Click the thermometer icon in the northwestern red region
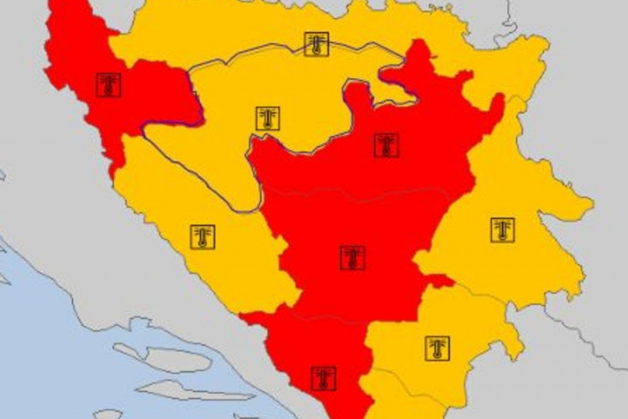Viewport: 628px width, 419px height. pyautogui.click(x=109, y=85)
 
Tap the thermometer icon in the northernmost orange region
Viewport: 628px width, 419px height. pyautogui.click(x=316, y=44)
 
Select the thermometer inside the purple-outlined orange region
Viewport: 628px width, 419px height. pyautogui.click(x=267, y=118)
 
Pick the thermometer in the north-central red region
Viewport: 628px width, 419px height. pyautogui.click(x=386, y=145)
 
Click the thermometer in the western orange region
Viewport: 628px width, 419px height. pyautogui.click(x=202, y=237)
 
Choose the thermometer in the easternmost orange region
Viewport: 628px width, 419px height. pyautogui.click(x=502, y=229)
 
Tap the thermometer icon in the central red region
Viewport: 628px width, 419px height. pyautogui.click(x=353, y=258)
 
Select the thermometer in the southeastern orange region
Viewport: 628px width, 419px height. pyautogui.click(x=437, y=348)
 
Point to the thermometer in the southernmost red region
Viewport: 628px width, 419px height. pyautogui.click(x=323, y=379)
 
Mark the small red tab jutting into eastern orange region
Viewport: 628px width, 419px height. pyautogui.click(x=440, y=281)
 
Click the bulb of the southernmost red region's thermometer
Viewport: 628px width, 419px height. pyautogui.click(x=323, y=385)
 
